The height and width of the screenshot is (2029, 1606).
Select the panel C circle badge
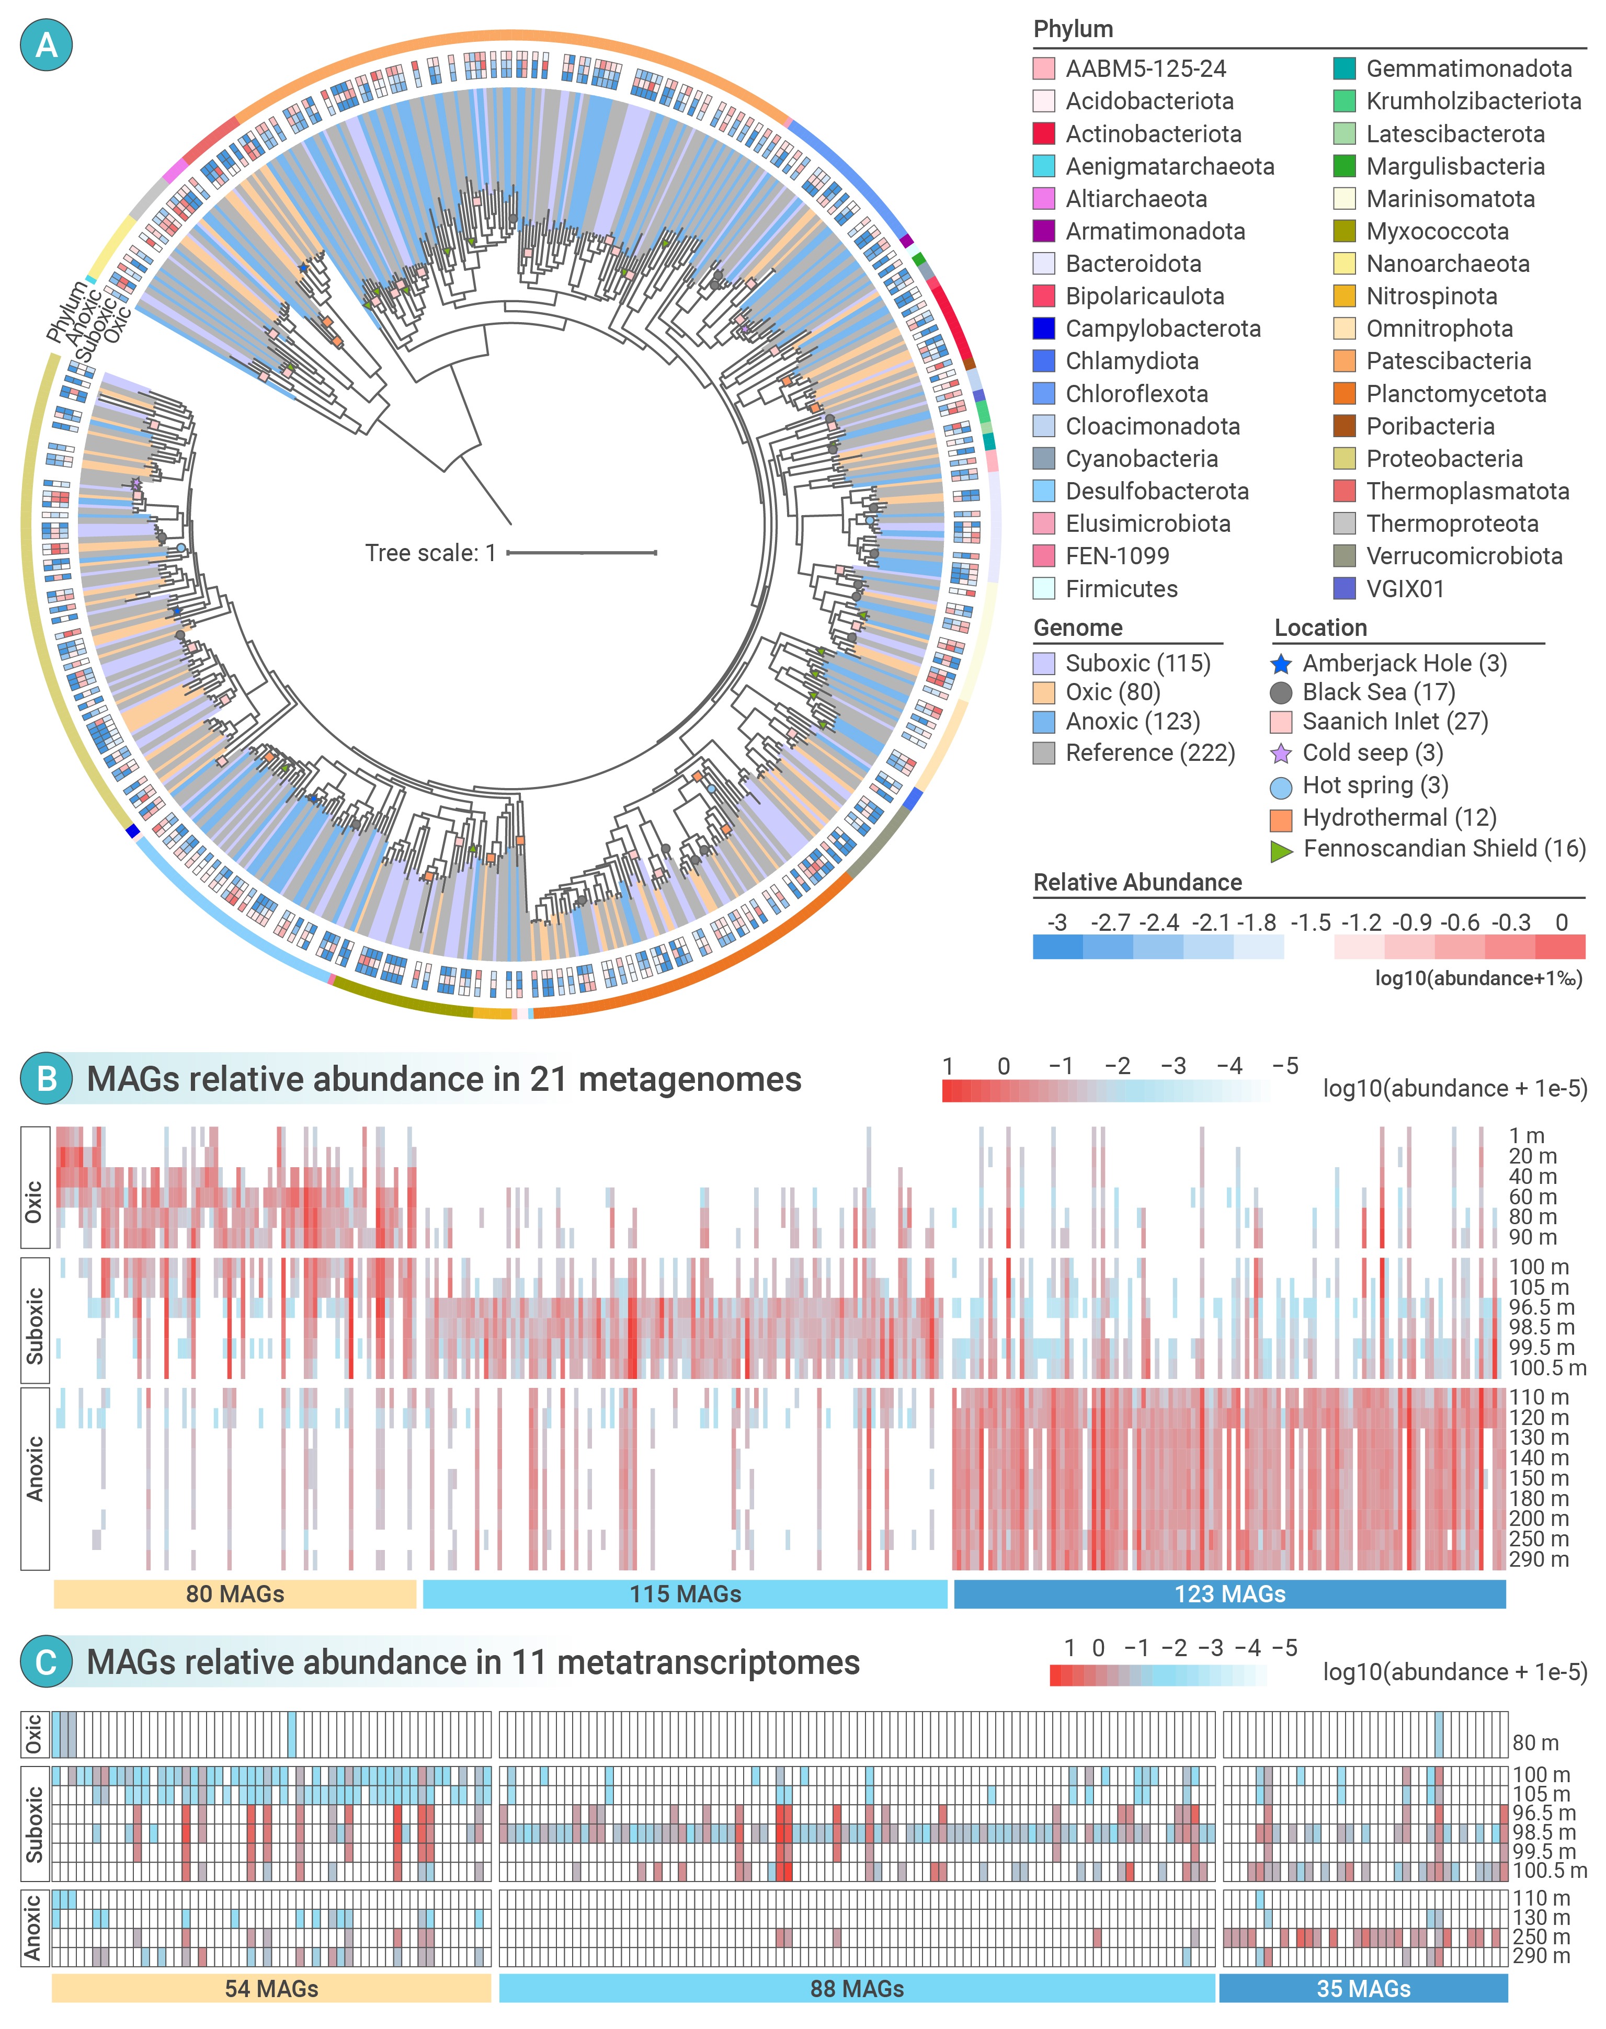pyautogui.click(x=46, y=1662)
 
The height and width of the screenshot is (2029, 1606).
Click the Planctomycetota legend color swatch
pyautogui.click(x=1345, y=394)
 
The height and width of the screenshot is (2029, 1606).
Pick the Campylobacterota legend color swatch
pyautogui.click(x=1044, y=329)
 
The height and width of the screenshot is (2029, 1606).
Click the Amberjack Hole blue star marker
pyautogui.click(x=1281, y=664)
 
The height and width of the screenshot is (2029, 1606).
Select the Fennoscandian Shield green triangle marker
pyautogui.click(x=1281, y=850)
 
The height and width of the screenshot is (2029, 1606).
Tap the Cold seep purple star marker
pyautogui.click(x=1281, y=753)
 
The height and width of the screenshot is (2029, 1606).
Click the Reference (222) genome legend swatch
pyautogui.click(x=1044, y=753)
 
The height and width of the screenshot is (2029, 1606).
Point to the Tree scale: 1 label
pyautogui.click(x=430, y=553)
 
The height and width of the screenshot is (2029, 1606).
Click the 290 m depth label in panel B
pyautogui.click(x=1539, y=1559)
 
